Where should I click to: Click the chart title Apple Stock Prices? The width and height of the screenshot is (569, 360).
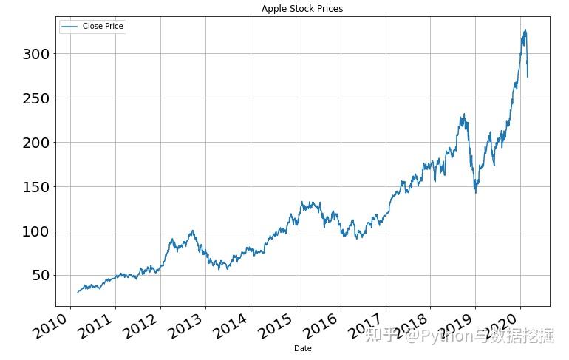(302, 9)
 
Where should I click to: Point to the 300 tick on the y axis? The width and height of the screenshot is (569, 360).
(34, 54)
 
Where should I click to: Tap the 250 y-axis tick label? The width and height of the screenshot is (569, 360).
(34, 98)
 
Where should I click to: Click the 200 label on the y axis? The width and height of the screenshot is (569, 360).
(34, 143)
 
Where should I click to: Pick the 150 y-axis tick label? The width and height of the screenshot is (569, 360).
(34, 187)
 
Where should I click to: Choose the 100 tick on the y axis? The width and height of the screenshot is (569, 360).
(34, 231)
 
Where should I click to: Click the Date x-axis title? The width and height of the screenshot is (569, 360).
(302, 348)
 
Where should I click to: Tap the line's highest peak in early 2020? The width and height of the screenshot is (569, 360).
(525, 30)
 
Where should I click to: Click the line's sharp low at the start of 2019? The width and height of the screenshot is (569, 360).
(475, 192)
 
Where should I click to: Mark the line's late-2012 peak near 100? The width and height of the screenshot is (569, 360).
(192, 231)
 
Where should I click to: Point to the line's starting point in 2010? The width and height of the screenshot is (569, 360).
(77, 293)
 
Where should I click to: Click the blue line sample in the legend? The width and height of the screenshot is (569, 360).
(70, 27)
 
